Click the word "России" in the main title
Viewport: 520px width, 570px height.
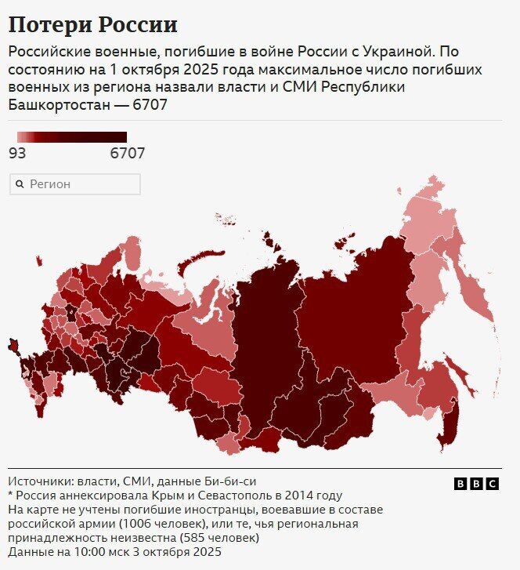click(x=137, y=25)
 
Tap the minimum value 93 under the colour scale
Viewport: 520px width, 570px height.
click(x=17, y=154)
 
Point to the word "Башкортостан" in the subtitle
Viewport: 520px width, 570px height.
click(x=60, y=104)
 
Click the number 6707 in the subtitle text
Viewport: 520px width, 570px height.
click(x=150, y=104)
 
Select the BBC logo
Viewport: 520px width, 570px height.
click(x=476, y=485)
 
